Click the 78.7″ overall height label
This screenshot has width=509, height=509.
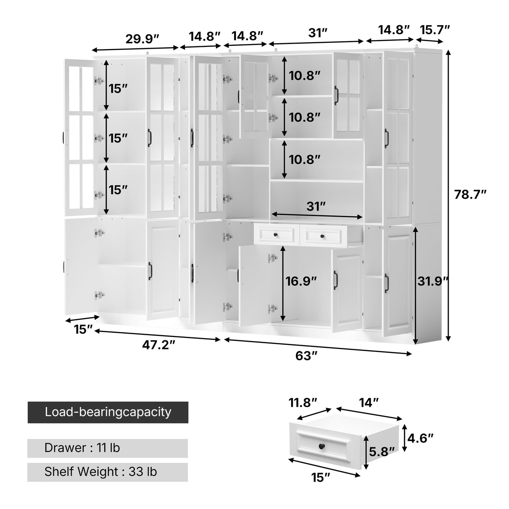click(x=470, y=195)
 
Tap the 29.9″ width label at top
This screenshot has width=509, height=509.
click(x=143, y=39)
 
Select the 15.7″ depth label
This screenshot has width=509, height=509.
click(x=435, y=29)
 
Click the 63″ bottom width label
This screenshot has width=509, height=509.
click(x=306, y=356)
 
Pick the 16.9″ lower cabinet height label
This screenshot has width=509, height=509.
click(x=301, y=281)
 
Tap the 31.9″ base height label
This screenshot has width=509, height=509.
click(x=433, y=281)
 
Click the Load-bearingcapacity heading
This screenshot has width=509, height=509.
click(x=108, y=412)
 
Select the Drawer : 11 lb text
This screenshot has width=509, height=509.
click(x=82, y=448)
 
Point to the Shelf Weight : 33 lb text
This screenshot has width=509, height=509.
click(x=101, y=472)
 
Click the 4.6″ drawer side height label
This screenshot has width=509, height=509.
click(x=421, y=438)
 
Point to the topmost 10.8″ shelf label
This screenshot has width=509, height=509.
click(x=305, y=76)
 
